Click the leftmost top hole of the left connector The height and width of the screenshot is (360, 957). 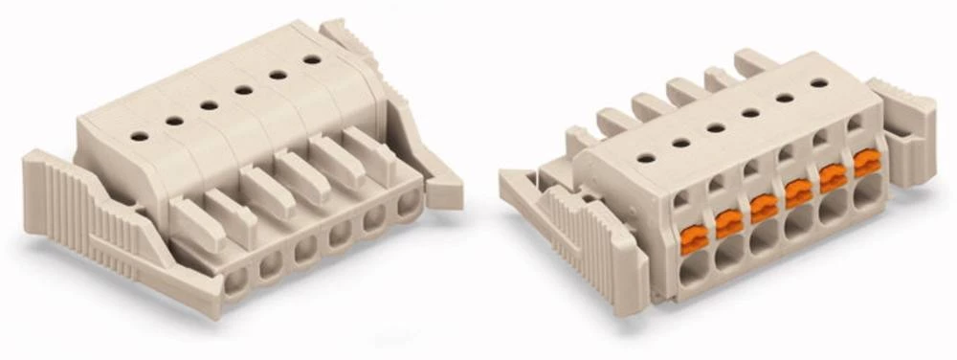coord(140,136)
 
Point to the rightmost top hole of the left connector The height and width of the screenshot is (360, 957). coord(311,59)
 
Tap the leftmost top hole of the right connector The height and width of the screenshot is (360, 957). coord(647,157)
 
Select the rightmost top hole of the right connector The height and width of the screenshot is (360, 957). coord(819,82)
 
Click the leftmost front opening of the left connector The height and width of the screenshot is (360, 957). coord(234,281)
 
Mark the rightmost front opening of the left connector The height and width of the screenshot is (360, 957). coord(410,203)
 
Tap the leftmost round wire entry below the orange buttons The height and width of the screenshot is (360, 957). coord(694,267)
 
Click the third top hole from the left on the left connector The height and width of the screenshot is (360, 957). coord(209,104)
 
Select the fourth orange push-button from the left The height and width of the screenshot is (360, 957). coord(798,192)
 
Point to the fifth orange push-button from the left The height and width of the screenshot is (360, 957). coord(833,176)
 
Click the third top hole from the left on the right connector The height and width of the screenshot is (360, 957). coord(716,126)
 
